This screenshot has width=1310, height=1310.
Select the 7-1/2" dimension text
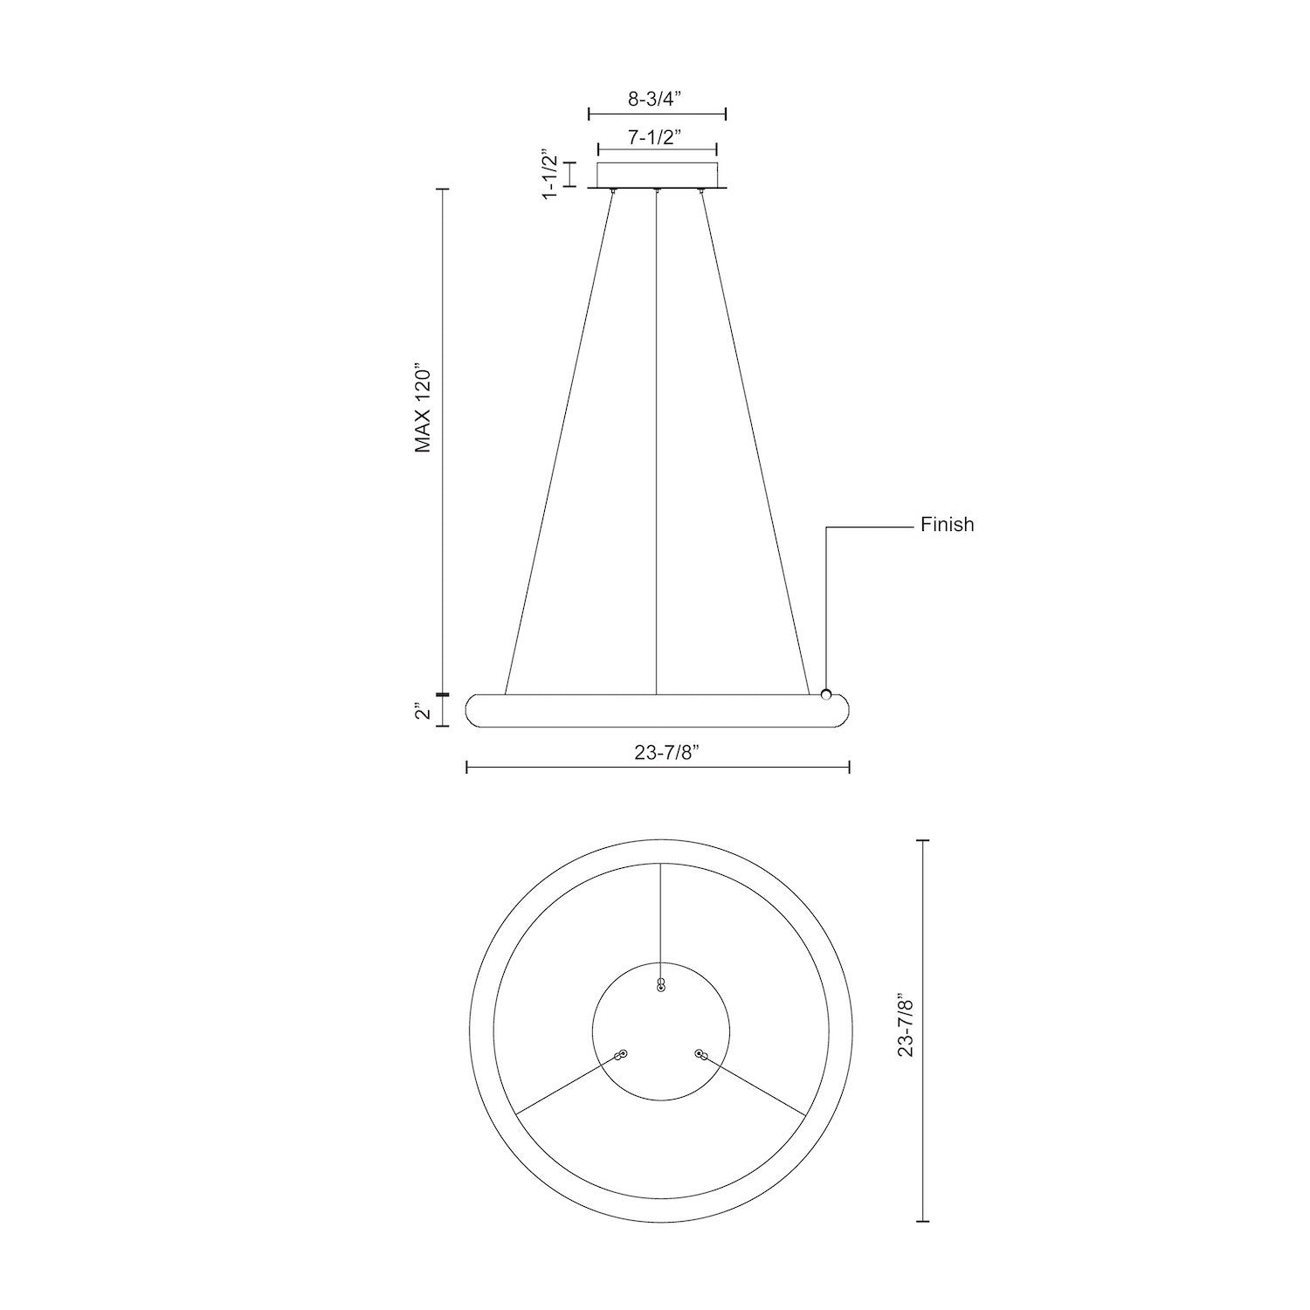click(654, 136)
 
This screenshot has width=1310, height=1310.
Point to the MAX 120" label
click(424, 407)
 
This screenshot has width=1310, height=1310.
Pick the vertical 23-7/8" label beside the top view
click(906, 1031)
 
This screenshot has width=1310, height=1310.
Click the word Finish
click(947, 525)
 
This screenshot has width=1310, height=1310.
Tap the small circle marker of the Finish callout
click(825, 694)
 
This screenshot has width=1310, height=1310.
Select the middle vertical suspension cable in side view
click(656, 437)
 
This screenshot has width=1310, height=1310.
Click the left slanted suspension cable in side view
click(559, 437)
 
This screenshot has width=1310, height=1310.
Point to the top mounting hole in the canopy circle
click(661, 986)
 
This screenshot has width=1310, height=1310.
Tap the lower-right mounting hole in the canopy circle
click(700, 1055)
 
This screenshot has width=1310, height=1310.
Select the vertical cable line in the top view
click(661, 917)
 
